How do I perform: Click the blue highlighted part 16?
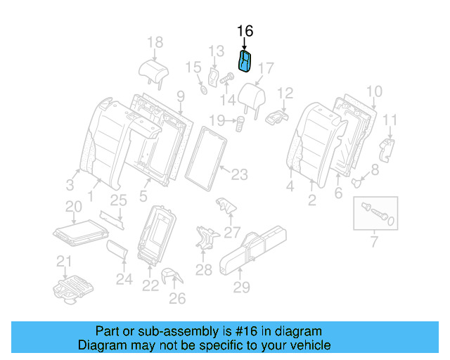click(x=245, y=62)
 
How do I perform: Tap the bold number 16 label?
click(x=245, y=32)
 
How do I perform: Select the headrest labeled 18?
click(x=153, y=70)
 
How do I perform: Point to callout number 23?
click(x=240, y=174)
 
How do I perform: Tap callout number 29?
click(x=241, y=286)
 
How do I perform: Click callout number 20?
click(x=74, y=206)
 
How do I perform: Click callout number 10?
click(x=374, y=91)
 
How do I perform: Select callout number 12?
click(x=285, y=93)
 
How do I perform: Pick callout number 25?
click(x=118, y=200)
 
